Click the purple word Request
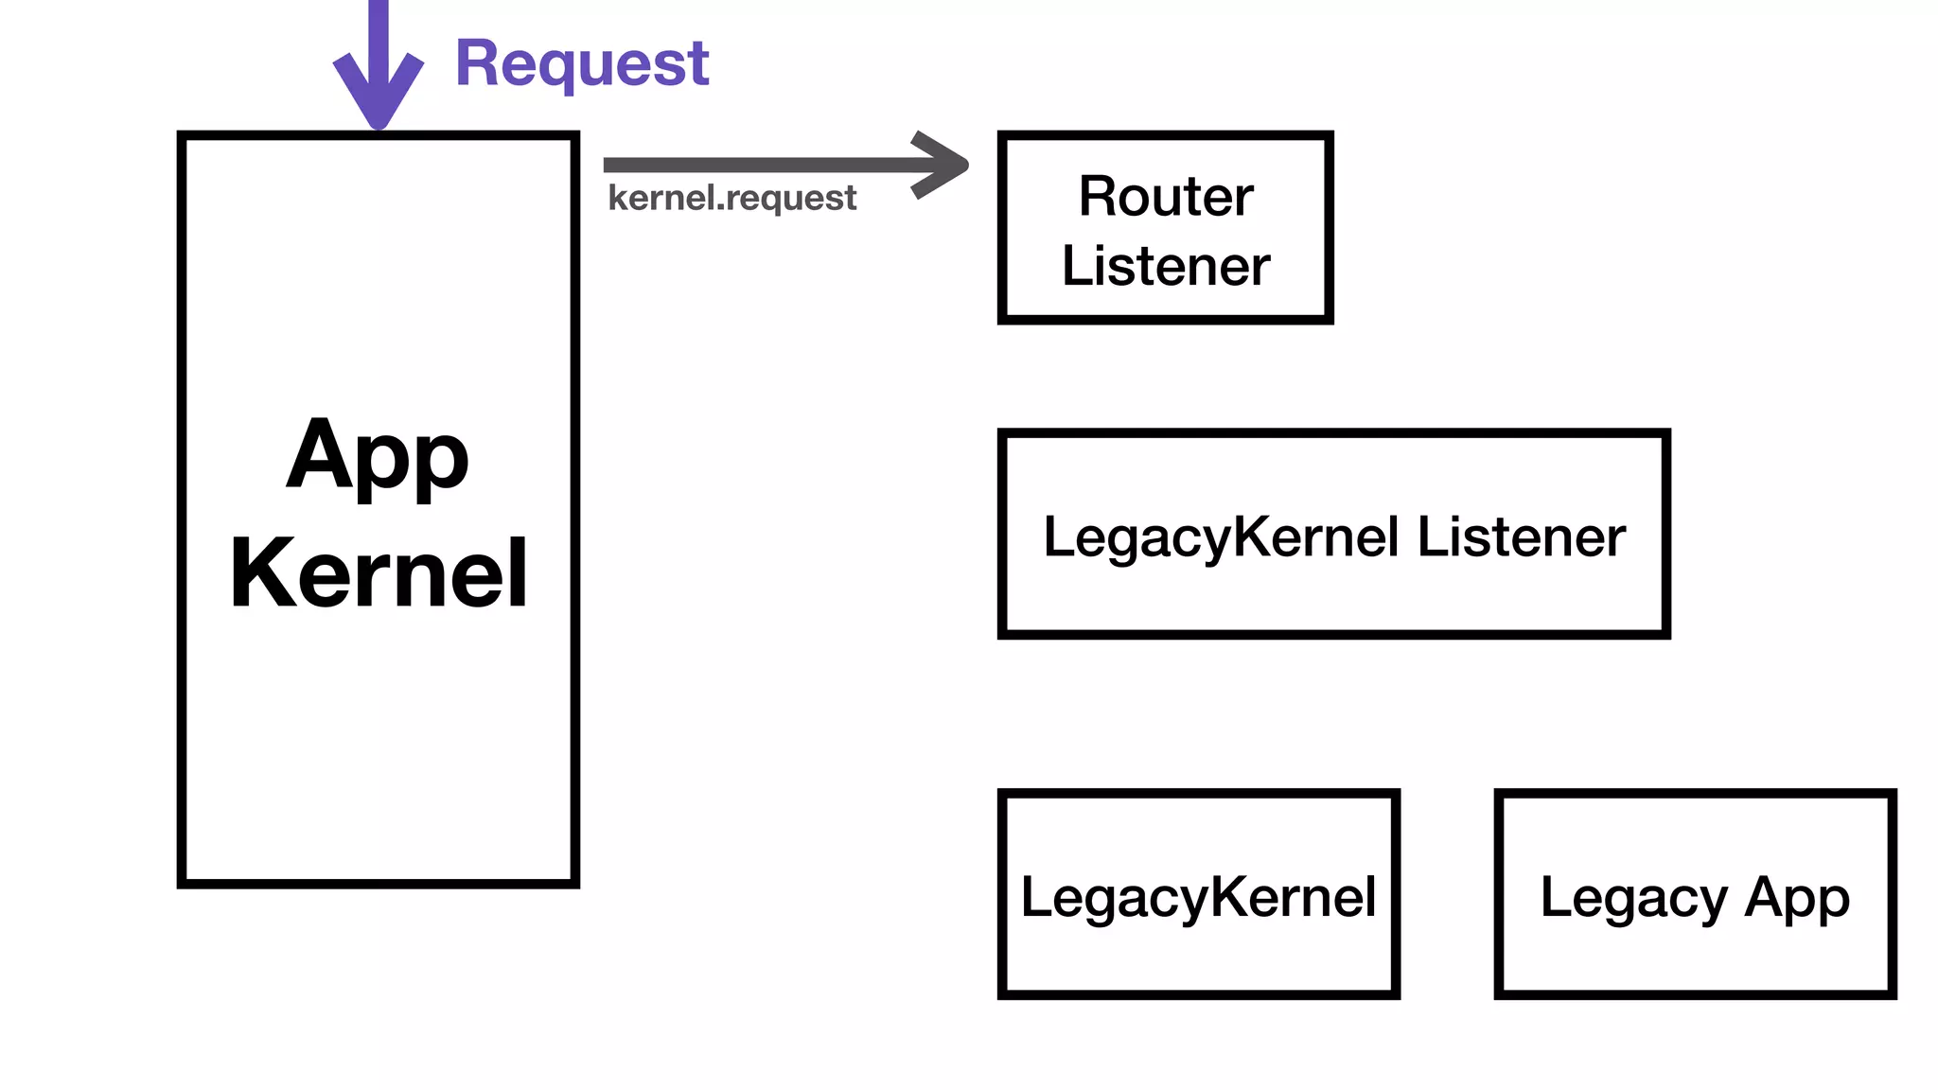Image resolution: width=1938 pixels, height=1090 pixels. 582,63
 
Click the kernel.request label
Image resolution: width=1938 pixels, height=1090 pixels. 731,199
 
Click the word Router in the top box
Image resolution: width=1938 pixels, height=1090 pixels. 1165,197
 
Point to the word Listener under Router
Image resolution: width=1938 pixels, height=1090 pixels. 1165,266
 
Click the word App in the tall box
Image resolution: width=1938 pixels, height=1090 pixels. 378,457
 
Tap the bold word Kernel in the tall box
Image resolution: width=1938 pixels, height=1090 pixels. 378,573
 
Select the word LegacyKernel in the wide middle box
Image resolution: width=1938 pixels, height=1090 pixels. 1221,537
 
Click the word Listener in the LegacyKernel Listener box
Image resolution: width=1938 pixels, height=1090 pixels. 1521,537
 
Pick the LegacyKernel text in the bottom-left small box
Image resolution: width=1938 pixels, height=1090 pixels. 1198,897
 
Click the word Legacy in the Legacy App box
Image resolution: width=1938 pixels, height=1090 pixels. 1633,898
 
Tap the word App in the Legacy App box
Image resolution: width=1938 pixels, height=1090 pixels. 1796,898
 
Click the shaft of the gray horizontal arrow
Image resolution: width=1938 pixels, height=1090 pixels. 757,166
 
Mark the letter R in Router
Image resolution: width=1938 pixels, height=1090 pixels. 1096,197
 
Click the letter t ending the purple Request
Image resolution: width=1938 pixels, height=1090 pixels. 698,64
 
